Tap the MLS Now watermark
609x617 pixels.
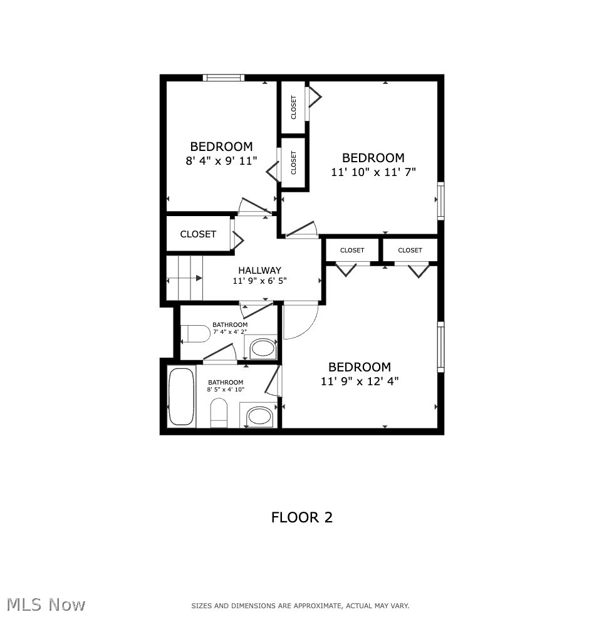46,604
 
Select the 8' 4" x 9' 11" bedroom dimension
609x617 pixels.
221,160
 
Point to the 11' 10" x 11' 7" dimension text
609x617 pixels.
373,171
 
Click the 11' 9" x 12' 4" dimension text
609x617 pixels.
360,380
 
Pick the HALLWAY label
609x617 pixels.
259,271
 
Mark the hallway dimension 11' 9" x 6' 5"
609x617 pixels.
259,281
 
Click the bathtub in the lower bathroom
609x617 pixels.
182,397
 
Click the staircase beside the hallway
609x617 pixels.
185,277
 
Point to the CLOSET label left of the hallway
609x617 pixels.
198,234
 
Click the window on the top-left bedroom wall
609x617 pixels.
224,78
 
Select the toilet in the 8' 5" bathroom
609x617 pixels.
219,414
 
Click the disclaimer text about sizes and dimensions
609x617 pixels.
300,606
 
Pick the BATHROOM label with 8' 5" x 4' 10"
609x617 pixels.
226,382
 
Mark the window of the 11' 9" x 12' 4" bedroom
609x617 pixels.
440,346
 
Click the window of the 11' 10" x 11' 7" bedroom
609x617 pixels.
440,200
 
